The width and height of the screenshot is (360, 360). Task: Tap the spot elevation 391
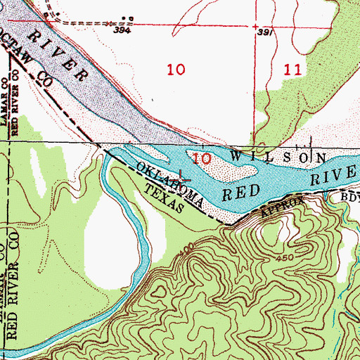(264, 32)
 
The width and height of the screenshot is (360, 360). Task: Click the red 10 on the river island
(202, 159)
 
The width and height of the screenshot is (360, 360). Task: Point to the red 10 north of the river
(176, 70)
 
